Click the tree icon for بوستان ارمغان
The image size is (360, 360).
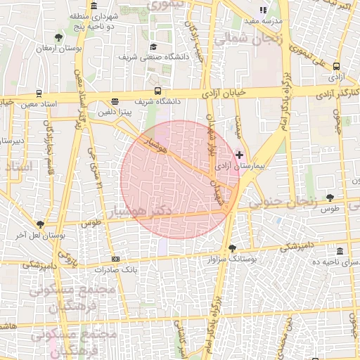pos(58,37)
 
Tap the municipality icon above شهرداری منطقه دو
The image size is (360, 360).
pos(94,6)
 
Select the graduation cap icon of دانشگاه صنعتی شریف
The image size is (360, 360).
pos(153,46)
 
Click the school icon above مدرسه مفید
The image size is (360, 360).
pos(263,10)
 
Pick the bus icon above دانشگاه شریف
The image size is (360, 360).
pos(157,91)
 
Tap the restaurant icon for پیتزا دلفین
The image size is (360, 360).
pos(115,101)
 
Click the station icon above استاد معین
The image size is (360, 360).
pos(38,94)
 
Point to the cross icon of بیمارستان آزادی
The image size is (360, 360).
pos(240,154)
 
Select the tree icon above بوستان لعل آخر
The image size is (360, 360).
pos(40,224)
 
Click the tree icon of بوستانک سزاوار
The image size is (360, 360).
pos(233,247)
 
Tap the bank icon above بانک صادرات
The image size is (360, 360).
pos(115,259)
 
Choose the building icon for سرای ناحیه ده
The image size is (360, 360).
pos(340,251)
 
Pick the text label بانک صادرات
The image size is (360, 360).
pos(115,269)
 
